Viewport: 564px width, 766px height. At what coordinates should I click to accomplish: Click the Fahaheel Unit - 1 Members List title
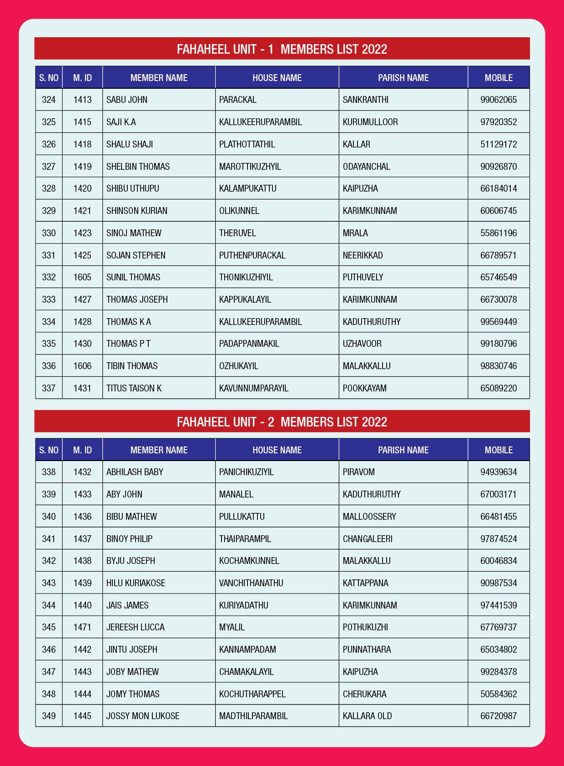tap(282, 49)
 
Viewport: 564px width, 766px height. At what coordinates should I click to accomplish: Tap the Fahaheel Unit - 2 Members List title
tap(282, 421)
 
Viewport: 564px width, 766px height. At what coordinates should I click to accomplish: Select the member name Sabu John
tap(127, 100)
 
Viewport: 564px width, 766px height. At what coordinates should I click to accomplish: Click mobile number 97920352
tap(499, 122)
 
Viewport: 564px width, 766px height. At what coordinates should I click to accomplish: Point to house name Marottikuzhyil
tap(250, 167)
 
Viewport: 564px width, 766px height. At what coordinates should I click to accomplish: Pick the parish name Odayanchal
tap(366, 167)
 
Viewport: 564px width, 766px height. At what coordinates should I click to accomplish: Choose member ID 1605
tap(82, 277)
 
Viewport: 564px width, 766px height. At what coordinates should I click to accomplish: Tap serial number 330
tap(49, 233)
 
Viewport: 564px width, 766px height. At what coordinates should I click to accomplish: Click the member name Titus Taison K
tap(134, 388)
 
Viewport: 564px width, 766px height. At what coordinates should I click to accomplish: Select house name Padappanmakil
tap(249, 344)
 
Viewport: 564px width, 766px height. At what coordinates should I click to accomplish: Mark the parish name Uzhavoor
tap(362, 344)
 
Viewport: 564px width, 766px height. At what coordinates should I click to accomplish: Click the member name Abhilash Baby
tap(135, 472)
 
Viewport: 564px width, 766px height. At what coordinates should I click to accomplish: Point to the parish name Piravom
tap(358, 472)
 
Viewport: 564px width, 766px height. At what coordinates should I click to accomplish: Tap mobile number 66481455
tap(499, 517)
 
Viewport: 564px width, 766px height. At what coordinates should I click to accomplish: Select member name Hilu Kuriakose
tap(136, 583)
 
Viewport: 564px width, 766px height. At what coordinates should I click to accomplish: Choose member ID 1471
tap(82, 627)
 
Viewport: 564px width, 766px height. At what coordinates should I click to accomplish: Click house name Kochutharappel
tap(252, 694)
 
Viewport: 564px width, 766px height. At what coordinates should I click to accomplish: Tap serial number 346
tap(49, 649)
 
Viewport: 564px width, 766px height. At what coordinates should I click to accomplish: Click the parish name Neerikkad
tap(363, 255)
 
